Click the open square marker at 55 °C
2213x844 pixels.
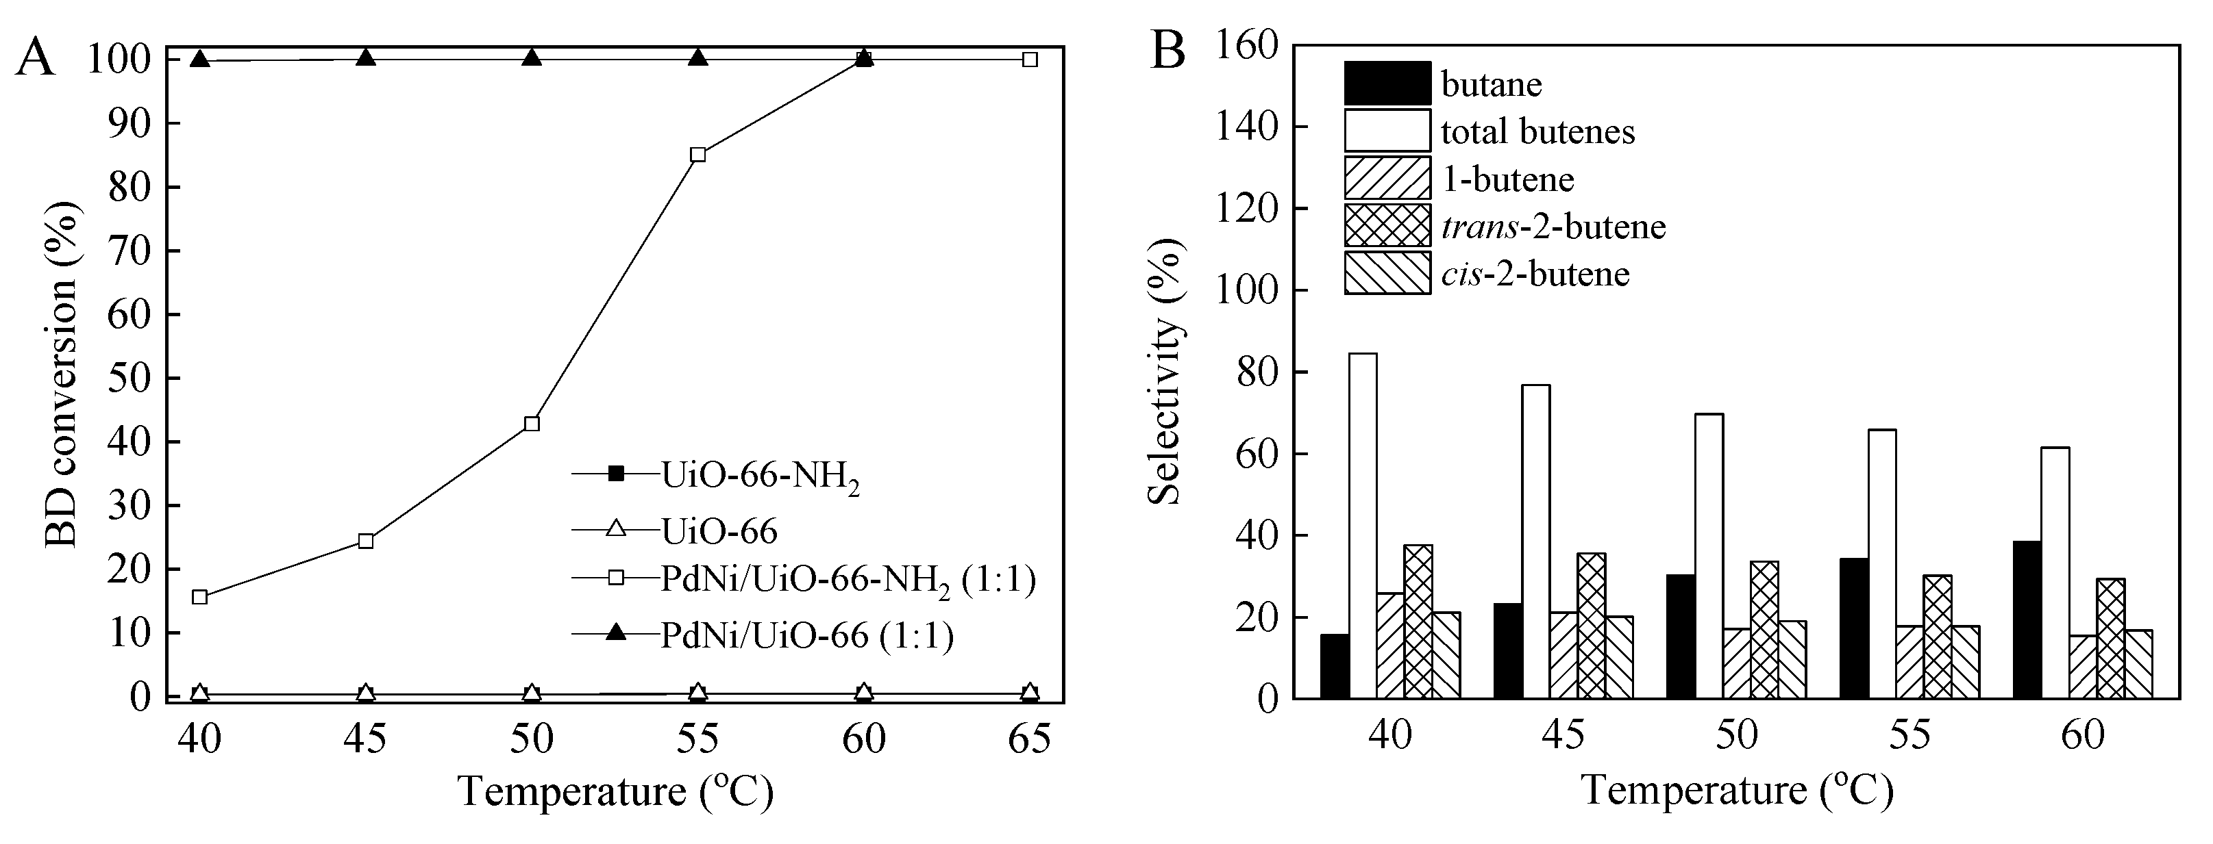tap(697, 155)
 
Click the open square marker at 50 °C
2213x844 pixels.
tap(532, 423)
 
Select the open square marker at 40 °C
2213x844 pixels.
tap(199, 597)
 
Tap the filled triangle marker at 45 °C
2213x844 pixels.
tap(366, 57)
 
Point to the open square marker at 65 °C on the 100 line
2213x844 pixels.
tap(1030, 60)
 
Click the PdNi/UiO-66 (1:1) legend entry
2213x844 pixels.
tap(806, 635)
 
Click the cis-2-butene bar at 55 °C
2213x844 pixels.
tap(1966, 661)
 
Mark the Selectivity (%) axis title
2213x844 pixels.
tap(1167, 371)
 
